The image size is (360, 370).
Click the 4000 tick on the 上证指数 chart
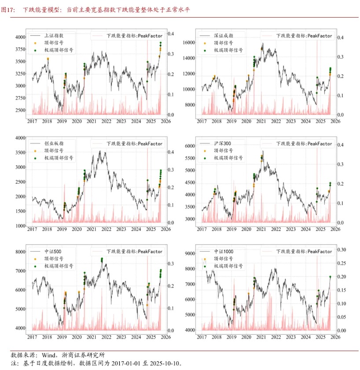21,37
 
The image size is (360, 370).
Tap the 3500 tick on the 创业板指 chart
21,152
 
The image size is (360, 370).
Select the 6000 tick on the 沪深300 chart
190,146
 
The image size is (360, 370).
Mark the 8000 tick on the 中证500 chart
21,252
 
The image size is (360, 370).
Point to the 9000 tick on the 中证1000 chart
190,253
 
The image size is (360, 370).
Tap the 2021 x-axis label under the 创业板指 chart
91,229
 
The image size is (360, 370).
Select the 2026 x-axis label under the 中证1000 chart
334,337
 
